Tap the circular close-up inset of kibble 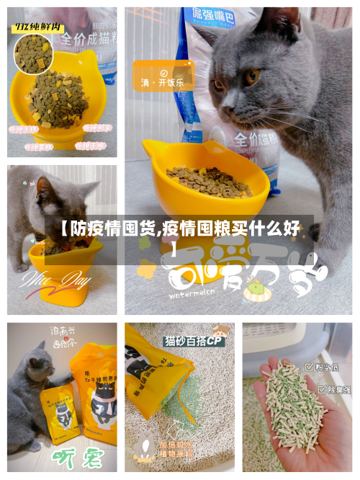[35, 55]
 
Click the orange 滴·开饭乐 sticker [163, 79]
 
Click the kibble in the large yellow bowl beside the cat [209, 181]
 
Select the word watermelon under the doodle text [192, 294]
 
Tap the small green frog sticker [253, 290]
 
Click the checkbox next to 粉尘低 [309, 367]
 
